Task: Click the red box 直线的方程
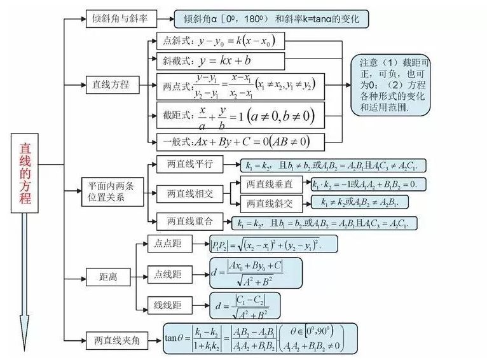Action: (x=25, y=172)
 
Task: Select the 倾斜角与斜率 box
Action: (x=121, y=19)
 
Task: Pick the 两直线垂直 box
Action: (x=271, y=184)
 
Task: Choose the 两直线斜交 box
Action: (x=271, y=203)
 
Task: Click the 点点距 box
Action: (x=168, y=243)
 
